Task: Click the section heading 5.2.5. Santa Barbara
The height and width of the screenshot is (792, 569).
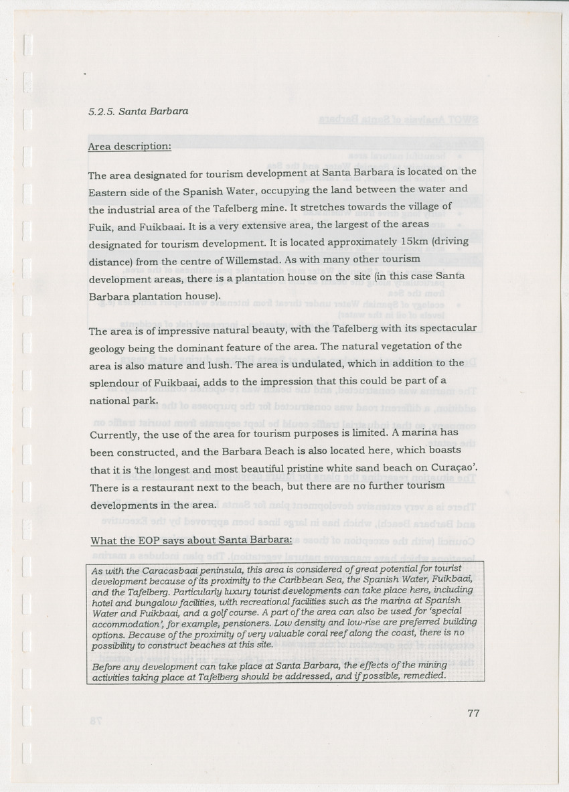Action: click(x=138, y=112)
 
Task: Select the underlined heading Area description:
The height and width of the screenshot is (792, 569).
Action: click(x=129, y=147)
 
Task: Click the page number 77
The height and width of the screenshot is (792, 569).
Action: click(x=473, y=713)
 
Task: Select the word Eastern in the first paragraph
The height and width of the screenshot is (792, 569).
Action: click(x=107, y=191)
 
